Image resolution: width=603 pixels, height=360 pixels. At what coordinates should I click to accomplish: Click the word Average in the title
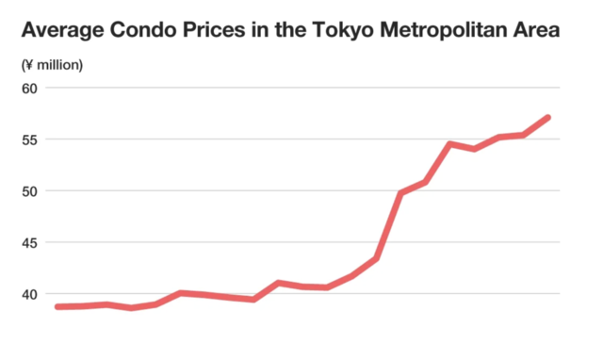click(63, 31)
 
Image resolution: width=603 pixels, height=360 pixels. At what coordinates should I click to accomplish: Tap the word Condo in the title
click(150, 31)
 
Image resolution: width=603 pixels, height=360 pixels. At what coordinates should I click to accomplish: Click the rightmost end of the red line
click(547, 118)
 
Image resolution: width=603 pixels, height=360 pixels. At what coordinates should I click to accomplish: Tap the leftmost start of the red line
click(57, 306)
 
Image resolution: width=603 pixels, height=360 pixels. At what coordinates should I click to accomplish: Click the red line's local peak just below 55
click(450, 144)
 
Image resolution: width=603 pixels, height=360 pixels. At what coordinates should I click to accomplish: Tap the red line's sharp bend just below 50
click(401, 193)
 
